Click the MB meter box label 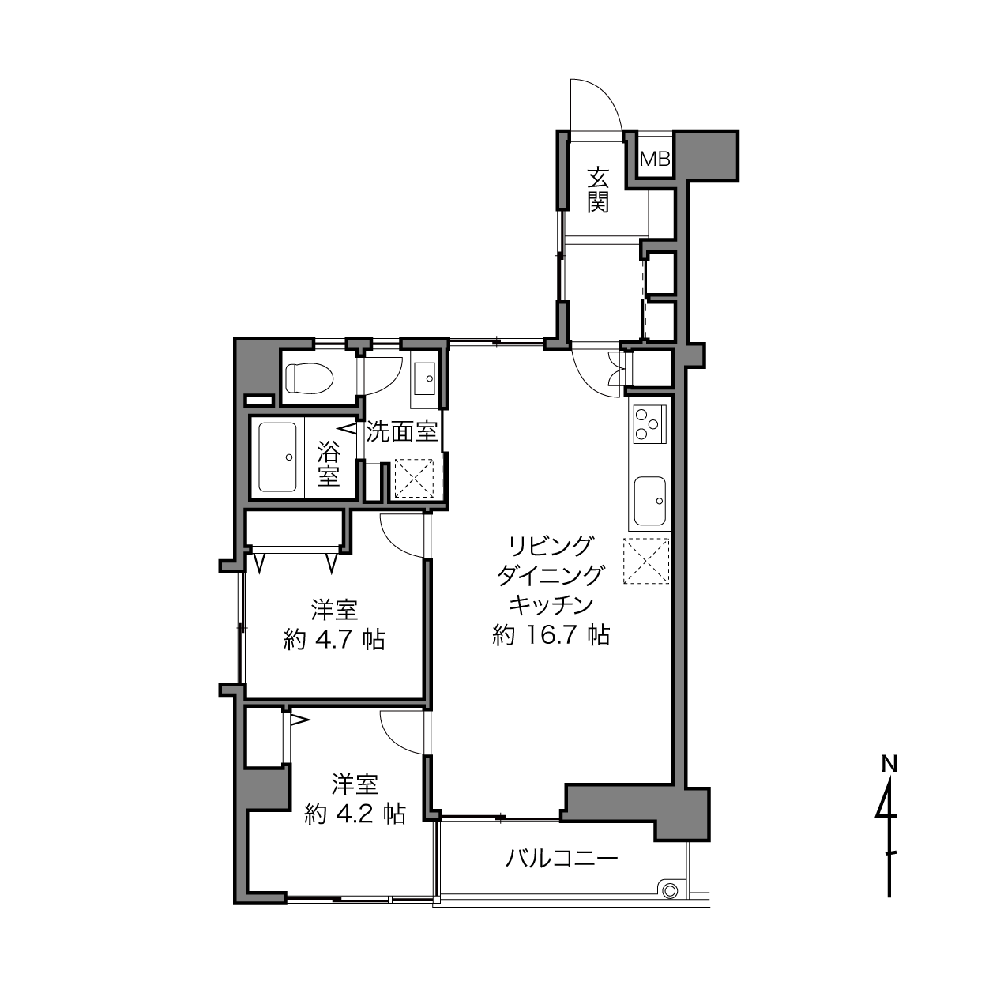(x=656, y=159)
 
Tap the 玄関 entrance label (x=598, y=190)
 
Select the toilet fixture (x=310, y=378)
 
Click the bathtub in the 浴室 (x=277, y=457)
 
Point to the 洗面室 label (x=401, y=433)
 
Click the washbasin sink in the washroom (x=423, y=378)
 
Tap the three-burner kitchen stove (x=650, y=424)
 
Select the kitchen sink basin (x=650, y=501)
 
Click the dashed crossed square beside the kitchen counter (x=646, y=560)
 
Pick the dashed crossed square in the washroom (x=414, y=479)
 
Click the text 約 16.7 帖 (x=551, y=635)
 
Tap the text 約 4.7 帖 (x=334, y=640)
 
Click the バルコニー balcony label (x=562, y=858)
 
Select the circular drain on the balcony (x=669, y=891)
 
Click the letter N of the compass (x=889, y=764)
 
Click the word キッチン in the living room (x=551, y=604)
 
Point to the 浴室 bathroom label (x=328, y=464)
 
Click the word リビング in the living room (x=550, y=546)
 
